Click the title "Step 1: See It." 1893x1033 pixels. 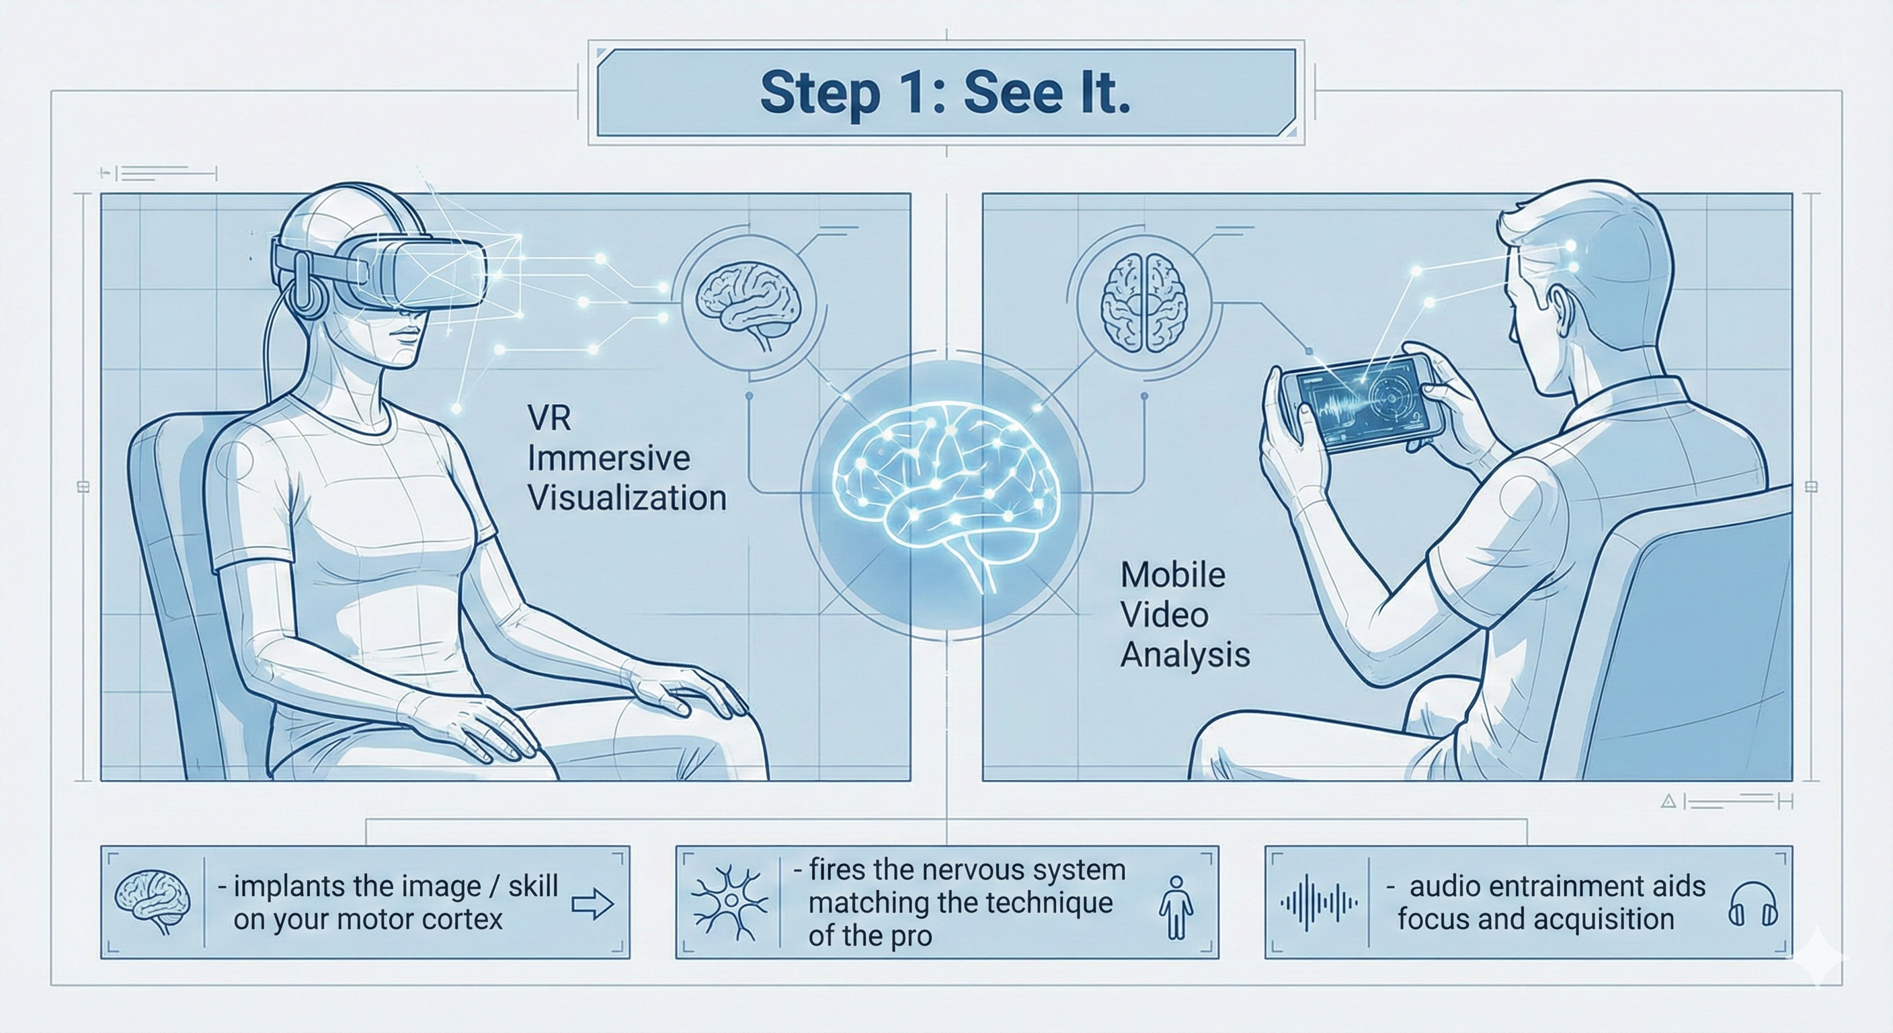point(945,93)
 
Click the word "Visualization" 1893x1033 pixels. point(627,498)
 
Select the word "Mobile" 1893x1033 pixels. point(1173,575)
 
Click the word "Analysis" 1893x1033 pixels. point(1184,654)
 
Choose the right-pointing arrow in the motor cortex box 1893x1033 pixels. point(592,904)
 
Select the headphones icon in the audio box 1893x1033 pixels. point(1753,905)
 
